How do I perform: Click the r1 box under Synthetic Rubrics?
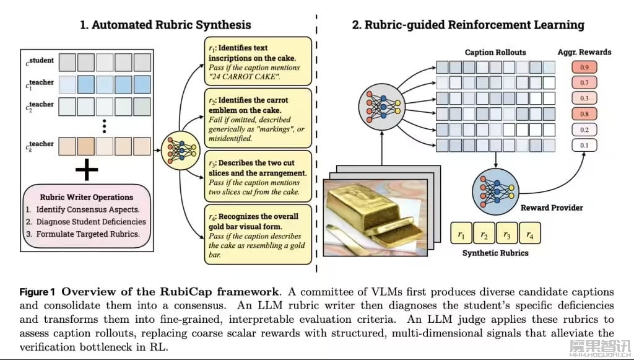pos(460,234)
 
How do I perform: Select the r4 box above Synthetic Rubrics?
pos(529,234)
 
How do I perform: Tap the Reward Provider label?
pos(550,208)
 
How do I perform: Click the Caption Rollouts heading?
pos(495,52)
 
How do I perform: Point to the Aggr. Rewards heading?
pos(584,51)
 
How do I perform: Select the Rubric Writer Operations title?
pos(87,198)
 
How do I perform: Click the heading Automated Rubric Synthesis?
pos(165,25)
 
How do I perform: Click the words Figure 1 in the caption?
pos(38,291)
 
